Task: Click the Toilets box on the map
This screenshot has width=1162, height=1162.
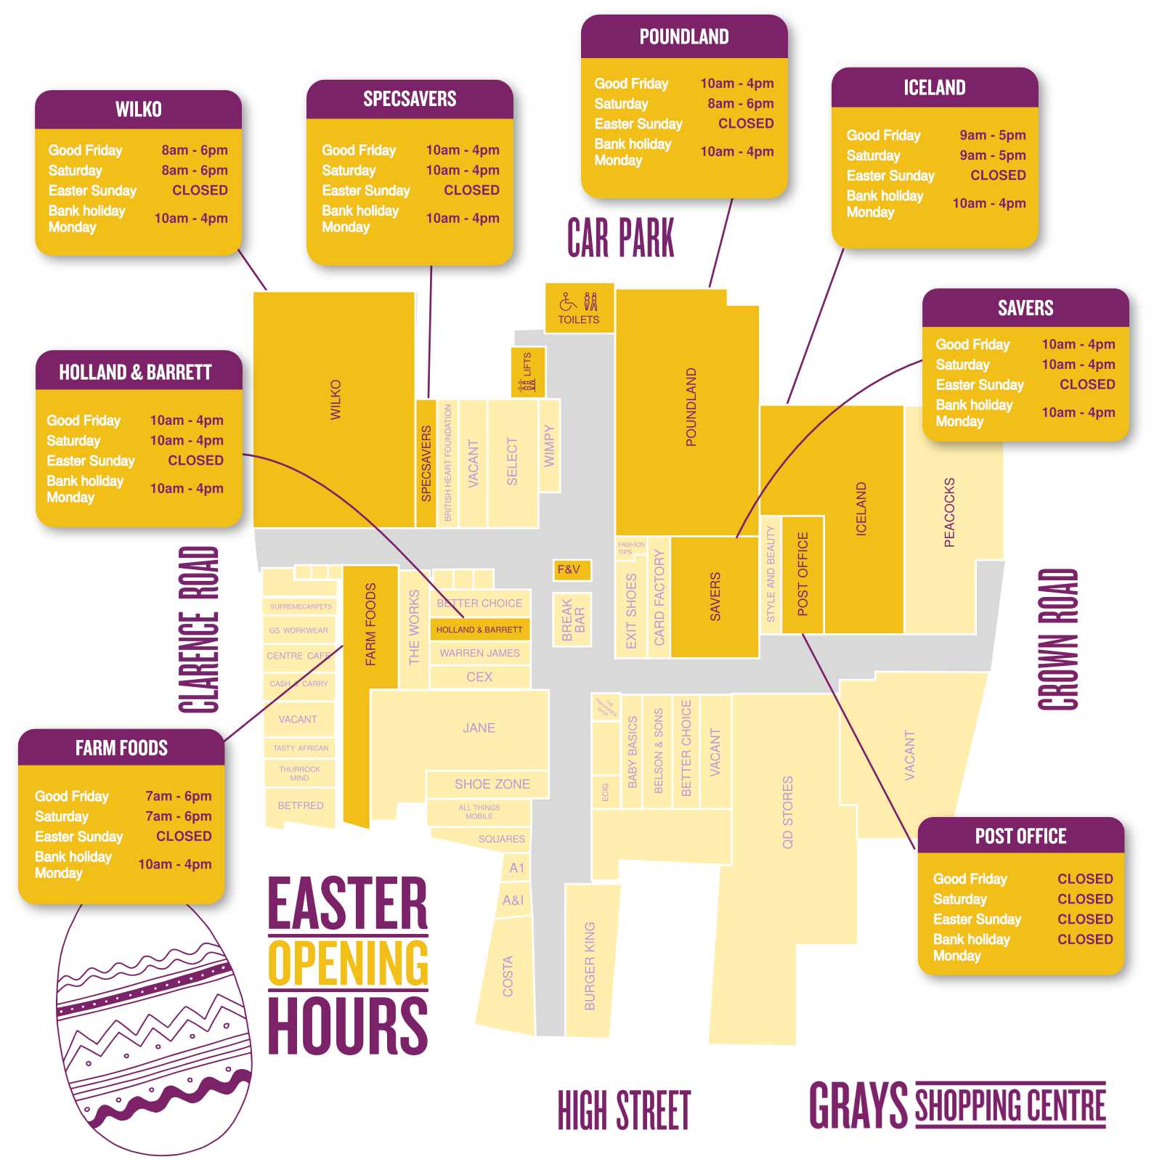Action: click(579, 308)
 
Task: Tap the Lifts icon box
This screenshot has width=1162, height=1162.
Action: click(527, 373)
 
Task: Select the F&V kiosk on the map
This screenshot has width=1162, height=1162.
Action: click(571, 570)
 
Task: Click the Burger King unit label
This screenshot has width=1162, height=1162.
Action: click(590, 966)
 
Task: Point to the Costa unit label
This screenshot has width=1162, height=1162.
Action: click(508, 976)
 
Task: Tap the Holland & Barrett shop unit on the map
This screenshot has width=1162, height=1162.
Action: click(479, 630)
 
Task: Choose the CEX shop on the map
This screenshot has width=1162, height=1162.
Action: click(479, 677)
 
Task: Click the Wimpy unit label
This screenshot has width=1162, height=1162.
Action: click(549, 446)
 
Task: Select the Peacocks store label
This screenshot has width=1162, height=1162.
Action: click(949, 512)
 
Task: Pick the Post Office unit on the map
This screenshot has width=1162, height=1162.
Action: click(803, 574)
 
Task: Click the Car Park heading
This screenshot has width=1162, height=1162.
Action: click(620, 238)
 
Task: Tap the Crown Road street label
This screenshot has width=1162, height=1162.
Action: click(1057, 639)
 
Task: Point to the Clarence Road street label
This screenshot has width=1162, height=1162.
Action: click(198, 629)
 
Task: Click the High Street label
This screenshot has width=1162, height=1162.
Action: click(624, 1110)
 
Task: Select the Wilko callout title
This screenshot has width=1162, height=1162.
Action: click(138, 110)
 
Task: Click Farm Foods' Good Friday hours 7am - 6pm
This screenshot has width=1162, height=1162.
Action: click(178, 796)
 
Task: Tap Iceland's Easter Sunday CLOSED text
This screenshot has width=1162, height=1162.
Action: click(998, 175)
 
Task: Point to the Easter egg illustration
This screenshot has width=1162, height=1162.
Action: click(153, 1031)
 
